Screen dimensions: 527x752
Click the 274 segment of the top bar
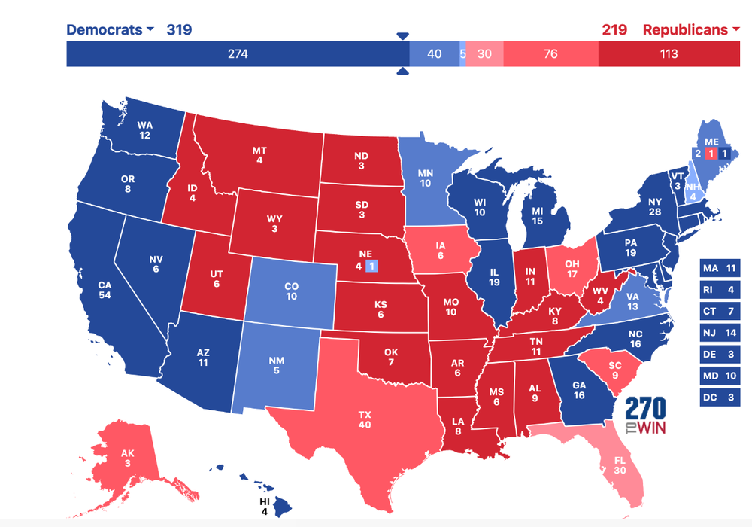(x=238, y=53)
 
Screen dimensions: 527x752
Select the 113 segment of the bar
(x=669, y=53)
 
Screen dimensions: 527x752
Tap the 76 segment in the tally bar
(x=550, y=53)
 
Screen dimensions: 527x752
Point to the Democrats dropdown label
(x=110, y=30)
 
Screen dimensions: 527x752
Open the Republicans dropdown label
(x=690, y=30)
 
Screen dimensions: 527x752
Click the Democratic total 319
(x=179, y=30)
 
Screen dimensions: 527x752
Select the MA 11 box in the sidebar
(x=720, y=268)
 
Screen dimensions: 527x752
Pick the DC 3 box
(x=720, y=397)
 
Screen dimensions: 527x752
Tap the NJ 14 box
(x=720, y=332)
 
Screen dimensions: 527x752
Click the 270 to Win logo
(x=644, y=416)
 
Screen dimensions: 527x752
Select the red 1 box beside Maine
(x=709, y=154)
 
